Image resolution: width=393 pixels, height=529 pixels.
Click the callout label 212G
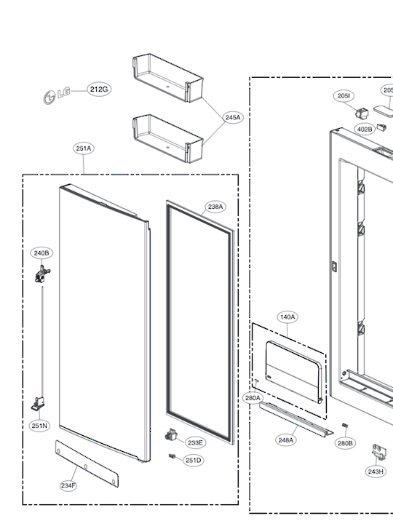coord(99,89)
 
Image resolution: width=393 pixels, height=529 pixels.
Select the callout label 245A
coord(233,117)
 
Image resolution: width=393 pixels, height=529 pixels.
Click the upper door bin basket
coord(166,78)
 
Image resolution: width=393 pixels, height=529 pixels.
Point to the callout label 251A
coord(84,148)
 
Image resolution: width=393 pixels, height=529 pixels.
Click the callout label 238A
coord(215,207)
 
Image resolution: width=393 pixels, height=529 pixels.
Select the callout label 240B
coord(41,252)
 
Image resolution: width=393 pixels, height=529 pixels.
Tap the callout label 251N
coord(39,426)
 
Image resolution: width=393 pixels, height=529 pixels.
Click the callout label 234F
coord(69,485)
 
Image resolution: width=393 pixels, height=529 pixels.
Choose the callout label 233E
coord(195,442)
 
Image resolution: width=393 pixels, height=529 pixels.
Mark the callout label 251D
coord(193,460)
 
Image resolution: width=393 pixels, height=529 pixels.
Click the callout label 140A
coord(287,317)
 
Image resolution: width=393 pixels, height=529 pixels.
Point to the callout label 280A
coord(253,398)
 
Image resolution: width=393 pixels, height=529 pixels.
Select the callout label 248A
coord(286,439)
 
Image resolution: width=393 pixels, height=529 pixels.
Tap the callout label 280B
coord(345,442)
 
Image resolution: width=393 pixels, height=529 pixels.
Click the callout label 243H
coord(376,472)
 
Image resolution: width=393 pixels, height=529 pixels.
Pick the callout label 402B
coord(364,129)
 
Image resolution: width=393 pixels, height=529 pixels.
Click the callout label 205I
coord(344,96)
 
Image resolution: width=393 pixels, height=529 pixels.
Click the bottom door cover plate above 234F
coord(87,460)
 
